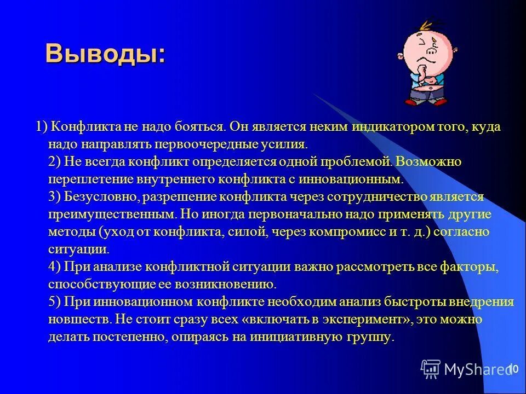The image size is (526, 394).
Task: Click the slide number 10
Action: point(513,368)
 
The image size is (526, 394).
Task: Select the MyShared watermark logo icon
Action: point(431,369)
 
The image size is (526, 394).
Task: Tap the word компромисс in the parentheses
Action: point(347,231)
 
